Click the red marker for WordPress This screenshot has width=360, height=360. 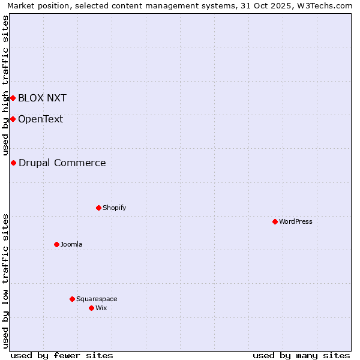[275, 221]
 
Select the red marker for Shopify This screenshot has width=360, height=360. [98, 208]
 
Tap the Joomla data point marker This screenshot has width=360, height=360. [56, 244]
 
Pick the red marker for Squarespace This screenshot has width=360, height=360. [72, 299]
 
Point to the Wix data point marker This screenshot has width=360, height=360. [91, 308]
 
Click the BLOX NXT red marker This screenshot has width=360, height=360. [13, 98]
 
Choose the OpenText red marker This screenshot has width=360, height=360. [13, 119]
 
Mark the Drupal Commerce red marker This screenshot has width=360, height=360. [13, 163]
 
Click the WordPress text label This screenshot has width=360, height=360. [296, 221]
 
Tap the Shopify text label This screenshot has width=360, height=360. [114, 208]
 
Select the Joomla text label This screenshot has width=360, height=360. [71, 244]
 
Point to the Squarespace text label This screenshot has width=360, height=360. [97, 299]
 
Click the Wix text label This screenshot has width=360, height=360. [101, 308]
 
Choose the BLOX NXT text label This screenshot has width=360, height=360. [42, 98]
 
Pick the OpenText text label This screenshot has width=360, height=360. [40, 119]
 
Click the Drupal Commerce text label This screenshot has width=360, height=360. [62, 163]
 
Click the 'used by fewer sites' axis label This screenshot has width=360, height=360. [62, 355]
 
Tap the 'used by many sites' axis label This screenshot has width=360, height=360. [301, 355]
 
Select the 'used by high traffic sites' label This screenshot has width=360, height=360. [5, 85]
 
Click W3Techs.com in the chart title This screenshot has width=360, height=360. [325, 5]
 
